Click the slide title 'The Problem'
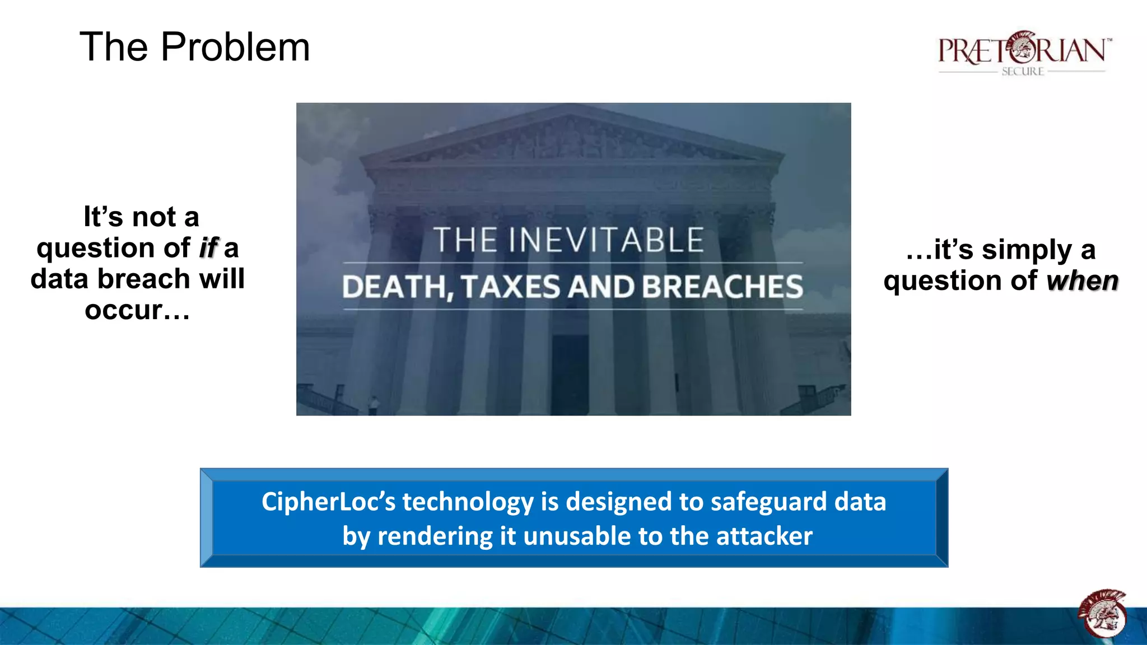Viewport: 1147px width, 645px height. point(194,47)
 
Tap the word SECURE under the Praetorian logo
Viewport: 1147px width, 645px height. point(1023,72)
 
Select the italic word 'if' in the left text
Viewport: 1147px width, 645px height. point(209,248)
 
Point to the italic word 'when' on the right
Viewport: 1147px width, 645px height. point(1083,281)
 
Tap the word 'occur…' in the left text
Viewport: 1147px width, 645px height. point(137,310)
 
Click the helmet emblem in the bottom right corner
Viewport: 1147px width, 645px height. point(1102,614)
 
